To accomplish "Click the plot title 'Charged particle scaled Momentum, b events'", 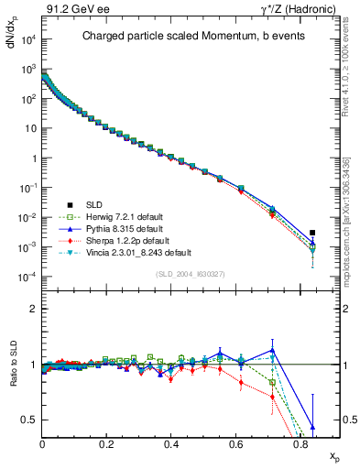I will coord(188,37).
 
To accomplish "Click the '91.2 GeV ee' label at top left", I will coord(71,9).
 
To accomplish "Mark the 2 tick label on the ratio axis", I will coord(34,310).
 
